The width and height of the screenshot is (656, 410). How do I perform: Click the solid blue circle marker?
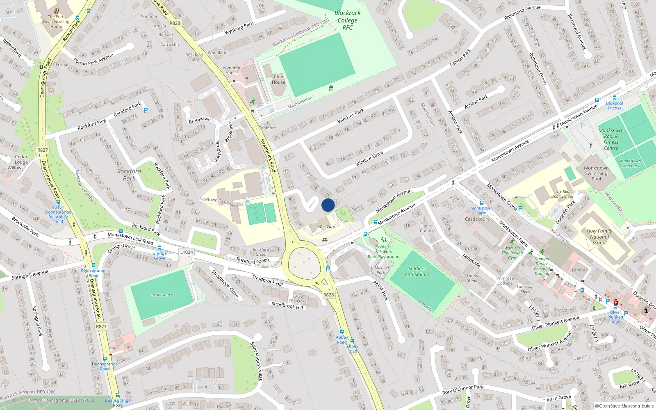click(328, 205)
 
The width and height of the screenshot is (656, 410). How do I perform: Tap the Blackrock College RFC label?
click(347, 20)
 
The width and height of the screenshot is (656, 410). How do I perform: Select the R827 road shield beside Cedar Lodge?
click(42, 150)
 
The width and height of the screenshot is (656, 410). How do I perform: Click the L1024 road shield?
click(186, 252)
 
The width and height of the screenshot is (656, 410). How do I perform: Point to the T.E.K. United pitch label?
click(162, 295)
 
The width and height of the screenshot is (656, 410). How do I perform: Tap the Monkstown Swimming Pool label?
click(596, 173)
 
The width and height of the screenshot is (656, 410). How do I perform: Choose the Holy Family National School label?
click(599, 237)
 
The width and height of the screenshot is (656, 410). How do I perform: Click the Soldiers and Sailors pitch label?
click(417, 271)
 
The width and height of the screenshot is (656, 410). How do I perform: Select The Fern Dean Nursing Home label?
click(56, 22)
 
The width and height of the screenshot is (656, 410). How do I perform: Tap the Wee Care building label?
click(326, 227)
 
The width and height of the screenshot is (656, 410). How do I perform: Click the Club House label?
click(278, 79)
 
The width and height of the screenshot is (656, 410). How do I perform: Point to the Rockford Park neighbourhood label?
click(129, 175)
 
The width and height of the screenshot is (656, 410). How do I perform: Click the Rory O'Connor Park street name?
click(462, 389)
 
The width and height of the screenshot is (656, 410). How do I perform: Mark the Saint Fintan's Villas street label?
click(256, 361)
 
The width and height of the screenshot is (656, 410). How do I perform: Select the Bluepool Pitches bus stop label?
click(615, 105)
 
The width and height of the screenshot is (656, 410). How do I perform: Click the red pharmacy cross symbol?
click(615, 302)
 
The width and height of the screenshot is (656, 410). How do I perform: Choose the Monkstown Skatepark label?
click(630, 163)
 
